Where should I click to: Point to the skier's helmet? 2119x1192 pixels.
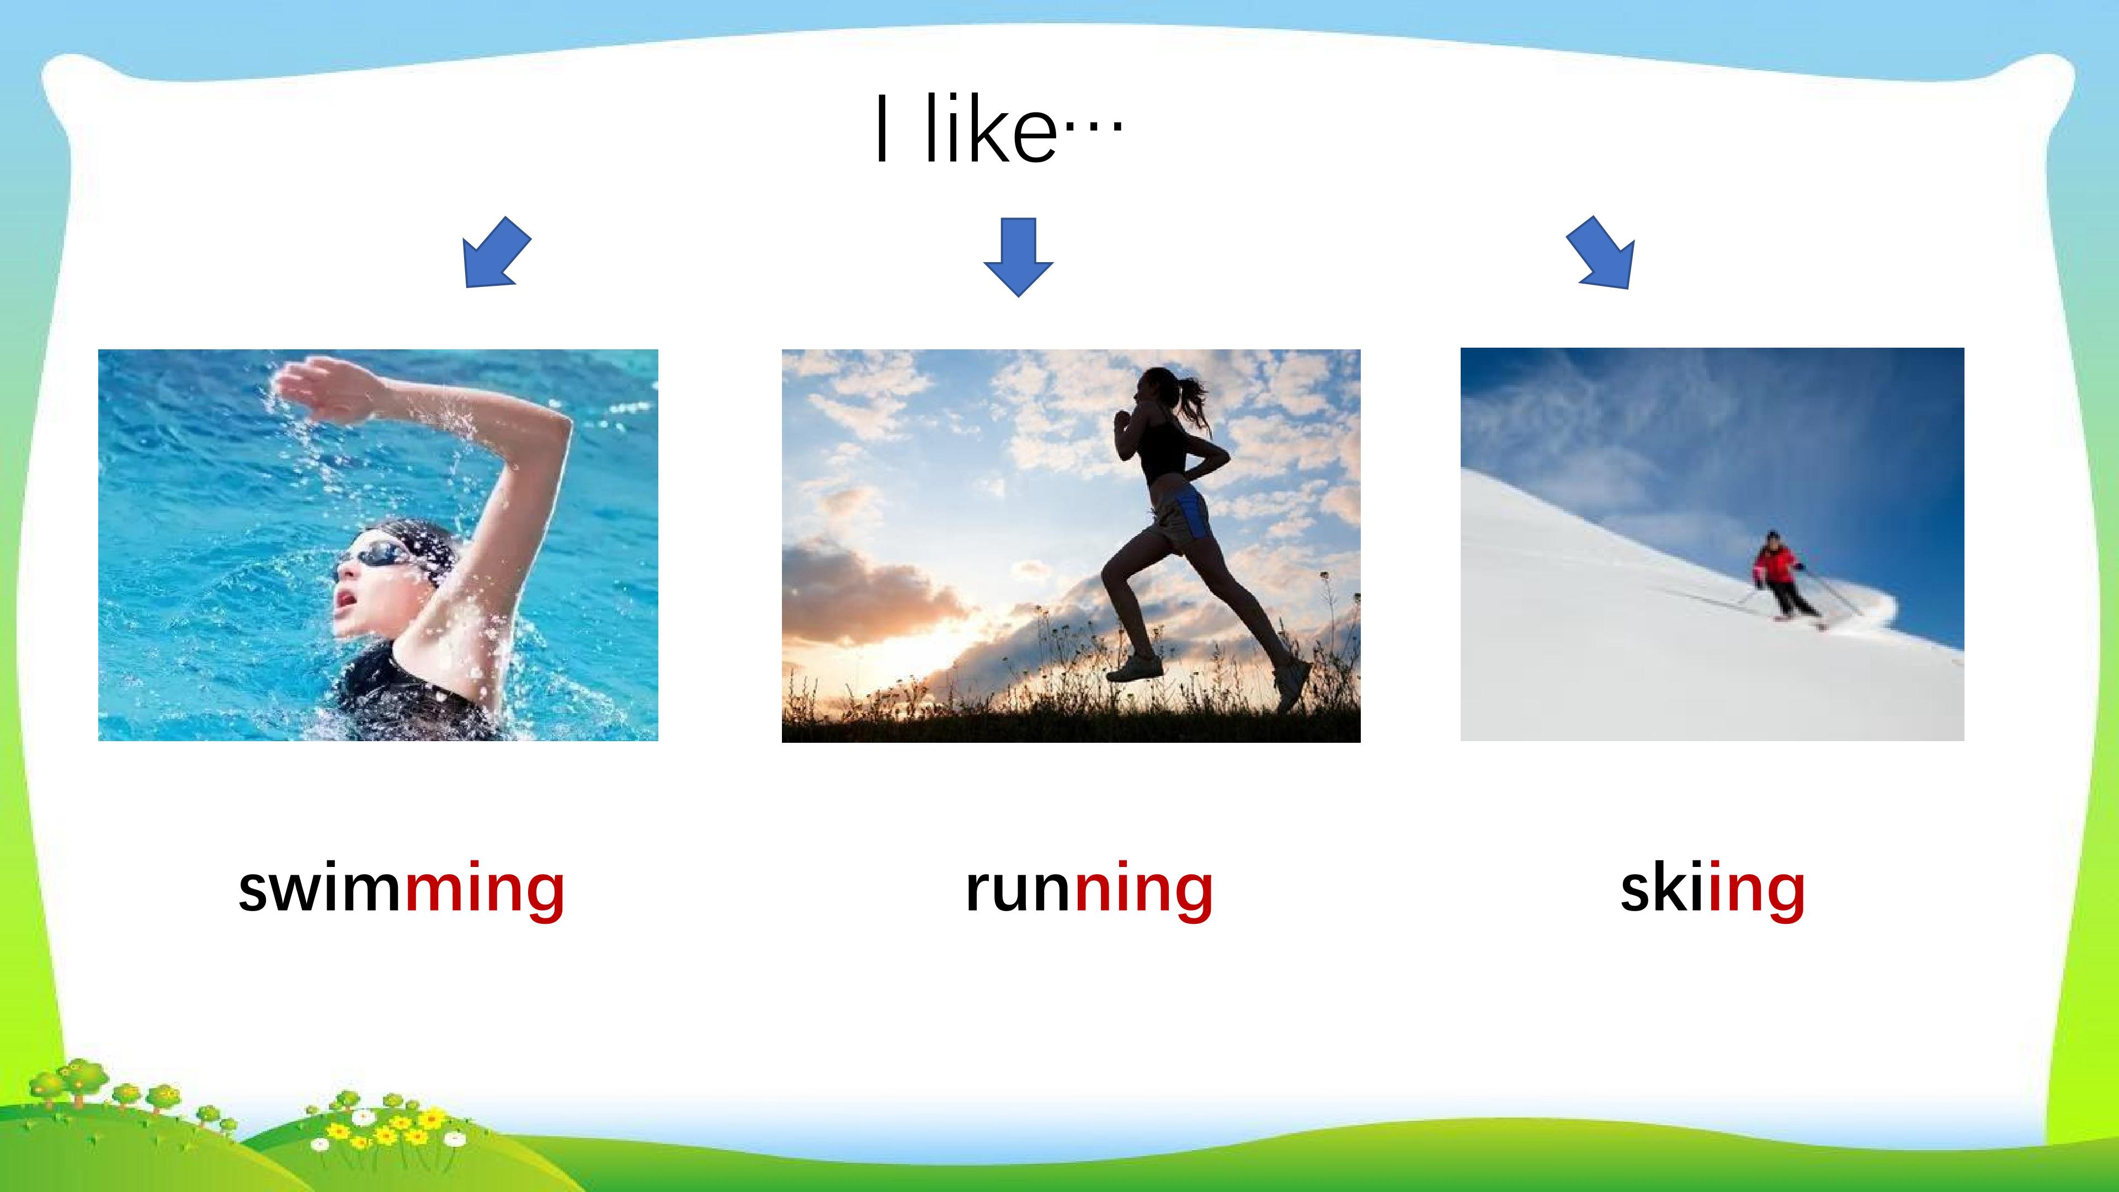tap(1772, 536)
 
